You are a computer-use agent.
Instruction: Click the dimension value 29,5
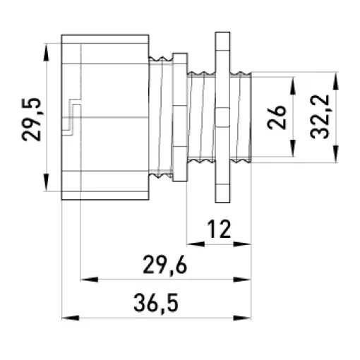click(31, 119)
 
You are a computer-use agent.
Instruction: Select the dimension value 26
click(277, 117)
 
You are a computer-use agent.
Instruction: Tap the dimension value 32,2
click(319, 116)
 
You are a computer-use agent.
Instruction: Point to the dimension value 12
click(219, 229)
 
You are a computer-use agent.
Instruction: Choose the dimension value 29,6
click(165, 265)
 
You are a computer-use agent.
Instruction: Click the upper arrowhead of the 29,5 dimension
click(47, 53)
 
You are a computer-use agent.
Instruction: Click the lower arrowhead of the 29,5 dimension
click(47, 182)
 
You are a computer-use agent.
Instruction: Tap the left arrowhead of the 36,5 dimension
click(71, 318)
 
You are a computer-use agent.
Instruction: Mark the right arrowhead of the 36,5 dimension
click(242, 318)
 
